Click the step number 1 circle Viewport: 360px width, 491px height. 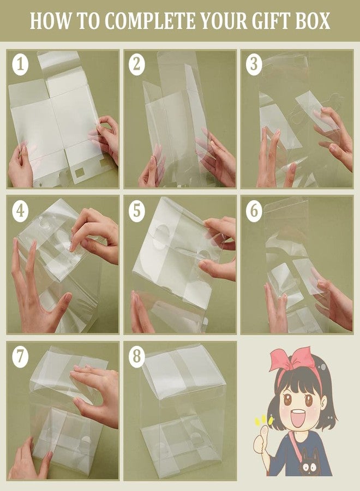click(x=20, y=64)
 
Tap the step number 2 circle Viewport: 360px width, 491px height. click(x=137, y=64)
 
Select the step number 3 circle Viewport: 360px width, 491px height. click(x=254, y=64)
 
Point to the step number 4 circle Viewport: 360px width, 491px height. click(x=20, y=211)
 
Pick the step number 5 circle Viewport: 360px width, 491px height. click(x=137, y=211)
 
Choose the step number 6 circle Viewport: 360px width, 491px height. click(x=254, y=211)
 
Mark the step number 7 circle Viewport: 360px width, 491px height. click(x=20, y=356)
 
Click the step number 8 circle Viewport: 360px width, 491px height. click(x=137, y=356)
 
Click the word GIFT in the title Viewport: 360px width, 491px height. click(x=267, y=21)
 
